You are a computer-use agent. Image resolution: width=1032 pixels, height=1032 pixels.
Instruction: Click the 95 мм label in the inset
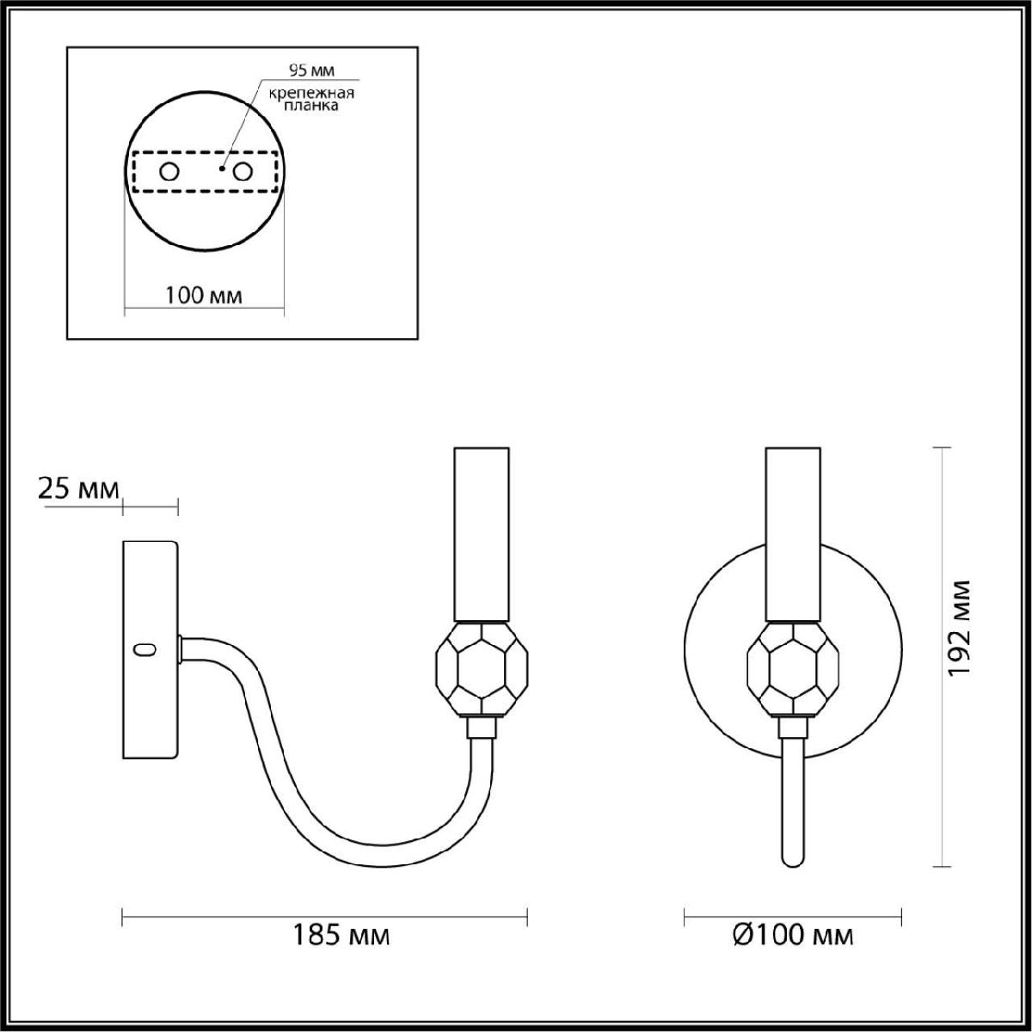[311, 71]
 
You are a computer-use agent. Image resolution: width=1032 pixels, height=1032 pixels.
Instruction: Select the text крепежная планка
[311, 99]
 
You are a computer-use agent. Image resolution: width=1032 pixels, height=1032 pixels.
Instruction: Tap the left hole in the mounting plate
[169, 173]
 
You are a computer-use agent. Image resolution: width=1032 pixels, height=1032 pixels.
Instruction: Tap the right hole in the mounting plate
[243, 173]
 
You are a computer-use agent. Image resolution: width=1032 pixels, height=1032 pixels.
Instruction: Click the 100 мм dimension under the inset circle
[204, 295]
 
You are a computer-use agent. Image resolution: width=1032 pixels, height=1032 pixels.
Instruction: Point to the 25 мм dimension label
[78, 489]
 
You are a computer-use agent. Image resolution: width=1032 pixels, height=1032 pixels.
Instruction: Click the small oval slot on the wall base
[145, 649]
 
